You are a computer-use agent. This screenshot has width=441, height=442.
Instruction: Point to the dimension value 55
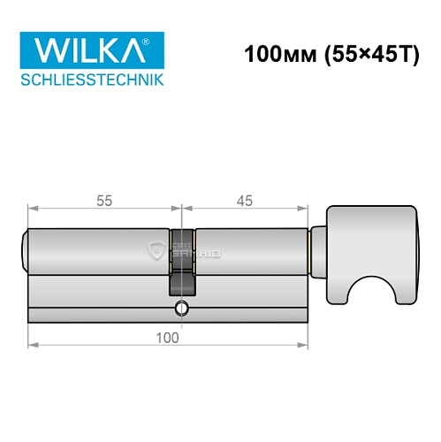(103, 201)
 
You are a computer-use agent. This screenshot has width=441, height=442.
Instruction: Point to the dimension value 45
(245, 201)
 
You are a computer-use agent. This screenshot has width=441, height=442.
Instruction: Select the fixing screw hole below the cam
(181, 309)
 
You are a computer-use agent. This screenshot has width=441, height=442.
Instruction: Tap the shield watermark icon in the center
(158, 249)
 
